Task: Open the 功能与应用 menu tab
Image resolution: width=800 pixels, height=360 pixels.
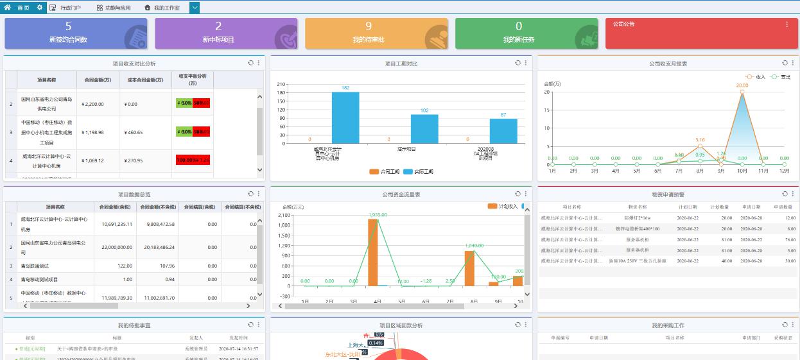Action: [x=114, y=8]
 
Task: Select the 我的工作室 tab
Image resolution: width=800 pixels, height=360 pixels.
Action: [x=162, y=8]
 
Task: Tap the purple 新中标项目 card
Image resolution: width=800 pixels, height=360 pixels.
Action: [x=218, y=33]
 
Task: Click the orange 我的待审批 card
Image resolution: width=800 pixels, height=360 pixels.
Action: [x=369, y=33]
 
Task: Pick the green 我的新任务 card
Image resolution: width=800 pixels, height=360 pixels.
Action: [x=519, y=33]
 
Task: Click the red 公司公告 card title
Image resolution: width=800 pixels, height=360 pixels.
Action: [x=623, y=24]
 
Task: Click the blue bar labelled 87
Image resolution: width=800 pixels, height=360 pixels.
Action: [x=503, y=131]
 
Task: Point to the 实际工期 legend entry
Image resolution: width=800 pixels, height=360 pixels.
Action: [x=418, y=172]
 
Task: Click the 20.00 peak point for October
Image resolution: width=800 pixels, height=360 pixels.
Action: [x=742, y=92]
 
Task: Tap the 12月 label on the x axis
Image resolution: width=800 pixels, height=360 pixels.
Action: [x=785, y=171]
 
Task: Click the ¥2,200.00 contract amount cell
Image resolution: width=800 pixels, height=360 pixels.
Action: [x=93, y=104]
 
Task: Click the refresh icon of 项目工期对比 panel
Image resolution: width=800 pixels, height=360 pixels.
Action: [x=517, y=63]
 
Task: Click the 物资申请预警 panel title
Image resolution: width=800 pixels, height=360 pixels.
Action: [x=668, y=194]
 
